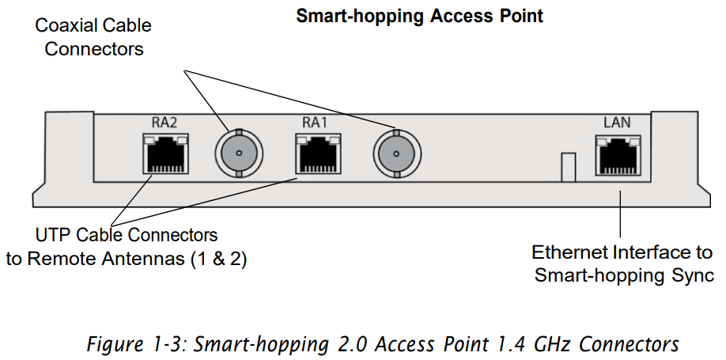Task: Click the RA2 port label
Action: [x=164, y=122]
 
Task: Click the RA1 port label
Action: [x=314, y=122]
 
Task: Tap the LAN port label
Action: [x=617, y=122]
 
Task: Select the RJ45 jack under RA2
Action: [x=164, y=153]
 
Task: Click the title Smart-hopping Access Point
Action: [x=419, y=16]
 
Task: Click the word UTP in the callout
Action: [x=52, y=235]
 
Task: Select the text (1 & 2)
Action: [x=217, y=258]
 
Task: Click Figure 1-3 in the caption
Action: [x=130, y=345]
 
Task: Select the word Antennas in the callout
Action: [x=148, y=258]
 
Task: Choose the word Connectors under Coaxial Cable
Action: [x=94, y=49]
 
